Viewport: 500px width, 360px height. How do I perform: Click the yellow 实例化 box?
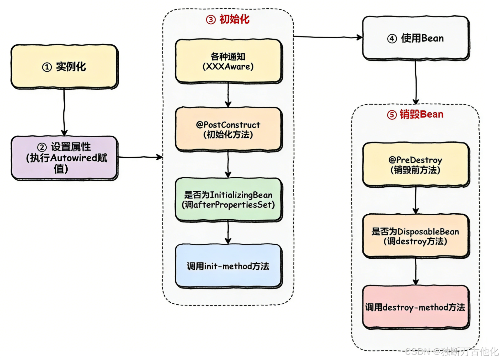[64, 66]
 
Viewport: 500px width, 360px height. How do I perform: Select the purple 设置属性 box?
[64, 158]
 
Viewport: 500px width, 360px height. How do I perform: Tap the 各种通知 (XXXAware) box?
[228, 61]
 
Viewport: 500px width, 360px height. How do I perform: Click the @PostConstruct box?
[228, 129]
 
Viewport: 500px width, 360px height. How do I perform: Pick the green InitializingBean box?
[228, 199]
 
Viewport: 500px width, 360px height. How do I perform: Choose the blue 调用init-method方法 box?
[228, 266]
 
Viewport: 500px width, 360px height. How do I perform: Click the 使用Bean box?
[416, 38]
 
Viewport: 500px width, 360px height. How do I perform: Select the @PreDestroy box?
[416, 164]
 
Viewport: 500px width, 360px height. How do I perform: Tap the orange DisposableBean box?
[416, 236]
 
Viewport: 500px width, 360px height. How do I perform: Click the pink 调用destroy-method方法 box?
[416, 307]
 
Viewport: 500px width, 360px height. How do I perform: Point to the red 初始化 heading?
[234, 19]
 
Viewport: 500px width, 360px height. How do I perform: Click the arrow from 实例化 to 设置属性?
[64, 112]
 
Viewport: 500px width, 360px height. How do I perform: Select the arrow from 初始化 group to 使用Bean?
[327, 37]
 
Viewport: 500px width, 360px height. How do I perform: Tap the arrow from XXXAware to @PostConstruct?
[228, 95]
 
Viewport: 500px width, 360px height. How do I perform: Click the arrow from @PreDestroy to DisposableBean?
[416, 200]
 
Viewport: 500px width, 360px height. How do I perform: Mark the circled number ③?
[211, 20]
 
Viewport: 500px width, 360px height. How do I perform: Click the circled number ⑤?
[392, 115]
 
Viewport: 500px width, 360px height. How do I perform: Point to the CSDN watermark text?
[451, 351]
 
